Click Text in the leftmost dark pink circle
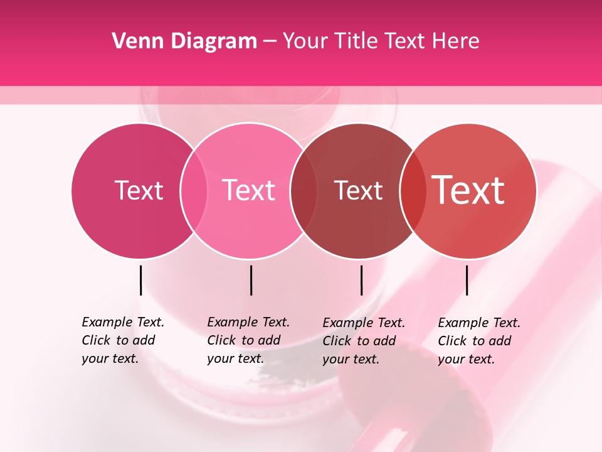pyautogui.click(x=139, y=190)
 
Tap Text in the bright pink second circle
pyautogui.click(x=249, y=190)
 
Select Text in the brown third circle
pyautogui.click(x=358, y=190)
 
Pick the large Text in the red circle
pyautogui.click(x=468, y=190)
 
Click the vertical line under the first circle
pyautogui.click(x=140, y=280)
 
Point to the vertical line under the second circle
pyautogui.click(x=251, y=280)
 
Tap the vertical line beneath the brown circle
pyautogui.click(x=361, y=280)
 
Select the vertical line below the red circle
pyautogui.click(x=467, y=280)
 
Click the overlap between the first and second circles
pyautogui.click(x=194, y=190)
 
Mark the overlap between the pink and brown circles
pyautogui.click(x=304, y=190)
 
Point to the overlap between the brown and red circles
pyautogui.click(x=413, y=190)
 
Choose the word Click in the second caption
pyautogui.click(x=222, y=340)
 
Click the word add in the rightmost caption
pyautogui.click(x=500, y=341)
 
